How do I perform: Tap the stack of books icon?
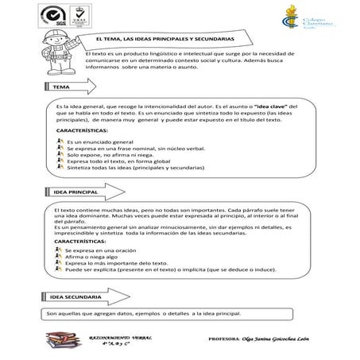60,343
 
